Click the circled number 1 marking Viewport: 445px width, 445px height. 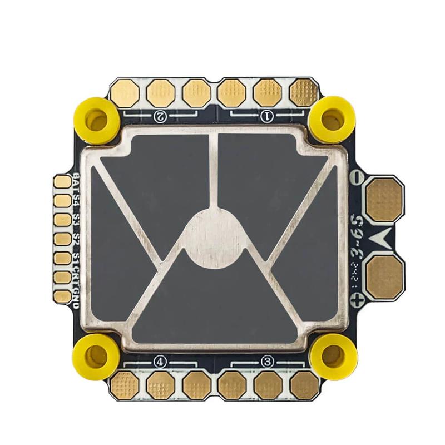266,116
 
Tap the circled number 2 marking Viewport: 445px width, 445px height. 160,116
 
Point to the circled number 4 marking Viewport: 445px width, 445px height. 160,362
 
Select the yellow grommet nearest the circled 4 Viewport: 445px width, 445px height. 96,355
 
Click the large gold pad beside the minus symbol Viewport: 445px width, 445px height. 384,199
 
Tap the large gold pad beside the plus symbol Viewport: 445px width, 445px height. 384,276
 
